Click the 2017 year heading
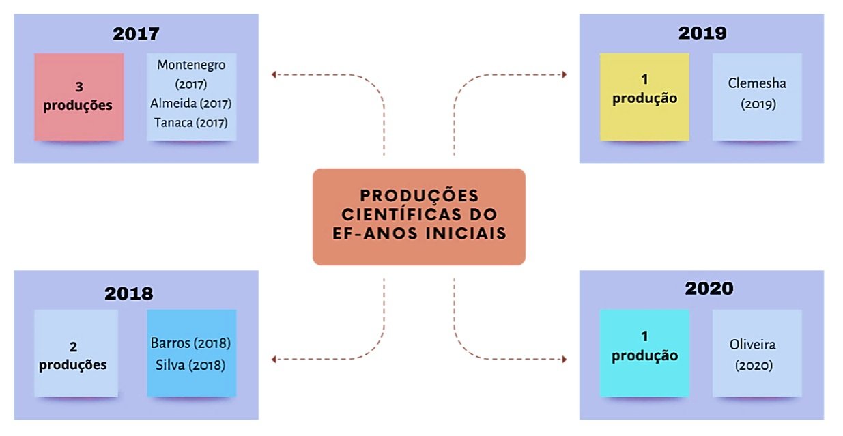[137, 34]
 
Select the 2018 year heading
[128, 293]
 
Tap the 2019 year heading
[702, 33]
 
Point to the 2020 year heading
[709, 289]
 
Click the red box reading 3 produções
[78, 97]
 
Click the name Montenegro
[191, 65]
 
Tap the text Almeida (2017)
[191, 104]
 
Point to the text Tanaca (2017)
[191, 123]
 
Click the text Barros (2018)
[190, 343]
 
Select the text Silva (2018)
[190, 365]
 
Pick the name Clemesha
[757, 84]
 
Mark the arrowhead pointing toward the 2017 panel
[274, 74]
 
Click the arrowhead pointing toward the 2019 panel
[564, 74]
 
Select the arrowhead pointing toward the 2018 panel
[274, 359]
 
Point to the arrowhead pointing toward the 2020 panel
[564, 359]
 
